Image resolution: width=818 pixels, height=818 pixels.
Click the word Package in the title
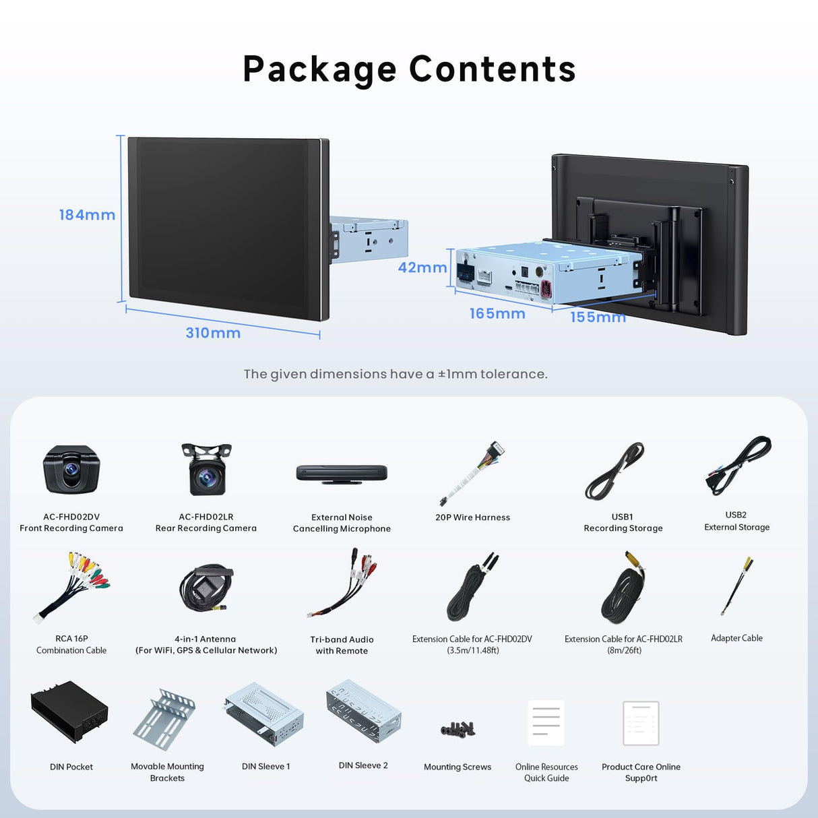tap(319, 70)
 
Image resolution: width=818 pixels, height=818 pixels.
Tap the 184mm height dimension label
tap(87, 215)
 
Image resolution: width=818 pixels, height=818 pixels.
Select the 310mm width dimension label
tap(213, 333)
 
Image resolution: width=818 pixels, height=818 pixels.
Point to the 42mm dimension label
tap(422, 268)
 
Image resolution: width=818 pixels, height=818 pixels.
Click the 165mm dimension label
tap(497, 314)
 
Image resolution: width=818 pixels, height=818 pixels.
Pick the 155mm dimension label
tap(598, 317)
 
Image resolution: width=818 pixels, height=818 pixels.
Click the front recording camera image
tap(71, 470)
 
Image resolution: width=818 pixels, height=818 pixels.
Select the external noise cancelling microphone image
tap(342, 473)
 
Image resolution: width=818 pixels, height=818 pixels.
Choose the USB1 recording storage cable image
tap(615, 472)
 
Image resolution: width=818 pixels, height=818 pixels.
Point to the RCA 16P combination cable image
tap(72, 587)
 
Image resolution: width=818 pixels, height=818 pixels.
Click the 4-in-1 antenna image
tap(206, 588)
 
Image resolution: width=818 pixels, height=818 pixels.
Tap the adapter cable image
tap(737, 586)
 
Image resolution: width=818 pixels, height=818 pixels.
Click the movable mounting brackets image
tap(164, 719)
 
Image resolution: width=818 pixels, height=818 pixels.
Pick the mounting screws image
tap(458, 728)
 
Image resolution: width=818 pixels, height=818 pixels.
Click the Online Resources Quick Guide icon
tap(546, 722)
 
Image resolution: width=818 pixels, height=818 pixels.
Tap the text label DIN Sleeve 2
tap(363, 765)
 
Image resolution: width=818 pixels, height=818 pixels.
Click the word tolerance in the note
tap(513, 374)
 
